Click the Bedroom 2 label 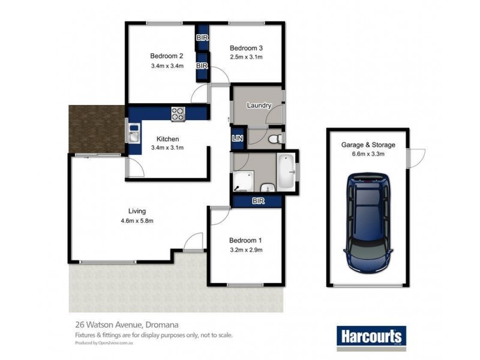[x=166, y=56]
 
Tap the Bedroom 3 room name [x=247, y=48]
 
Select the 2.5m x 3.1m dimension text [x=247, y=58]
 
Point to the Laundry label [x=259, y=106]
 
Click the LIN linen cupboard [x=238, y=138]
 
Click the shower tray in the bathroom [x=244, y=178]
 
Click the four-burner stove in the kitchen [x=178, y=113]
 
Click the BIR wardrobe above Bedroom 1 [x=258, y=201]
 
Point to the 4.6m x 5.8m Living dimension [x=137, y=221]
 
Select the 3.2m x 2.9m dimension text [x=246, y=250]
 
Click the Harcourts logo [x=370, y=335]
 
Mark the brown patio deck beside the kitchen [x=96, y=128]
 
